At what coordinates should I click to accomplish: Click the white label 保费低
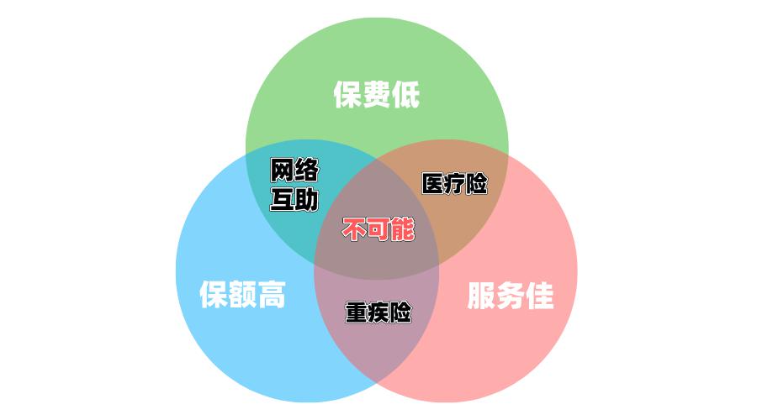[x=377, y=95]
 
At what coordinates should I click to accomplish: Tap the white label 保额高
[x=242, y=295]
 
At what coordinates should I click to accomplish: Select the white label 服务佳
[x=511, y=295]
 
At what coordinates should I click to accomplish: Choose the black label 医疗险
[x=454, y=184]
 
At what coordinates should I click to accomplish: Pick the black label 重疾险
[x=378, y=312]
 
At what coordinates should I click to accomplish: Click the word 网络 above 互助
[x=294, y=171]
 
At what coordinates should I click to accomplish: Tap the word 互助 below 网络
[x=294, y=200]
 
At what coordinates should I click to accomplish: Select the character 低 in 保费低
[x=405, y=95]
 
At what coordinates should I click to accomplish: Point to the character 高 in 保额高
[x=272, y=295]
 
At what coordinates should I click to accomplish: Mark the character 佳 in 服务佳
[x=539, y=295]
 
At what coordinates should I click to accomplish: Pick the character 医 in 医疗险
[x=433, y=184]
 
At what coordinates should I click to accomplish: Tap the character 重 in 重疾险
[x=357, y=312]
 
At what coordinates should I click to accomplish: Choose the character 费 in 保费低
[x=377, y=95]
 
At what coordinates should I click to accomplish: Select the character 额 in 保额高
[x=242, y=295]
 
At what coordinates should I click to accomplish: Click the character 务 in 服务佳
[x=511, y=295]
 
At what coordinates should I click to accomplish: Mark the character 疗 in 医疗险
[x=454, y=184]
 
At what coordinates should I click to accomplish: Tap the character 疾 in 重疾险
[x=378, y=312]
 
